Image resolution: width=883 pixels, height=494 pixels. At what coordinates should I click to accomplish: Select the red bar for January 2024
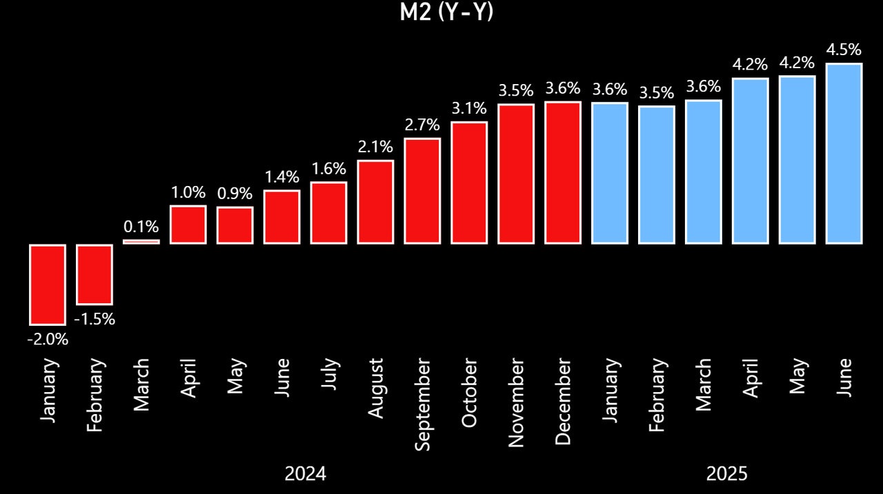pyautogui.click(x=47, y=284)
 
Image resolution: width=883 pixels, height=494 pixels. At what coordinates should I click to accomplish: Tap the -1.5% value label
pyautogui.click(x=94, y=319)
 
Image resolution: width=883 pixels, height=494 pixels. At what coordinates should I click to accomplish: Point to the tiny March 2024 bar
pyautogui.click(x=141, y=241)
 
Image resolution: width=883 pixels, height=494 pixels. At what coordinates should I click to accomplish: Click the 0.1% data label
pyautogui.click(x=141, y=226)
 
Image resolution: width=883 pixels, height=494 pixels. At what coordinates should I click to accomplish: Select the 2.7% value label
pyautogui.click(x=422, y=125)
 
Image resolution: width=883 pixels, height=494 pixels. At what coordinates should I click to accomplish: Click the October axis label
pyautogui.click(x=469, y=392)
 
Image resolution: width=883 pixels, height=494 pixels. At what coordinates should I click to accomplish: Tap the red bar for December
pyautogui.click(x=563, y=172)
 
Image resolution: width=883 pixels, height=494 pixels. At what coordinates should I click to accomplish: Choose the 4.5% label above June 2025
pyautogui.click(x=844, y=50)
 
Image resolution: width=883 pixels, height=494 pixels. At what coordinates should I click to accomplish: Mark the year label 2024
pyautogui.click(x=305, y=474)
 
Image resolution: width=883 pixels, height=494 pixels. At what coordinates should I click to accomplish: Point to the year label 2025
pyautogui.click(x=726, y=474)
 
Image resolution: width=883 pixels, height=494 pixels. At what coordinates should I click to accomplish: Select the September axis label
pyautogui.click(x=422, y=404)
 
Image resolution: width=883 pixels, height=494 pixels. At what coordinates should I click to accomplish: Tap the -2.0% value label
pyautogui.click(x=47, y=339)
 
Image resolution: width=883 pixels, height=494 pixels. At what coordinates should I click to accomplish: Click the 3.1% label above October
pyautogui.click(x=469, y=108)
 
